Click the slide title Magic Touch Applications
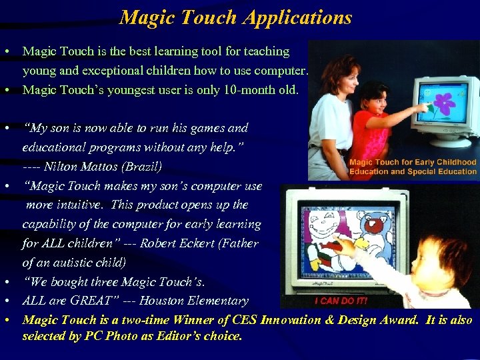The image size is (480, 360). point(235,17)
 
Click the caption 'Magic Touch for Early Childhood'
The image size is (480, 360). point(413,162)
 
